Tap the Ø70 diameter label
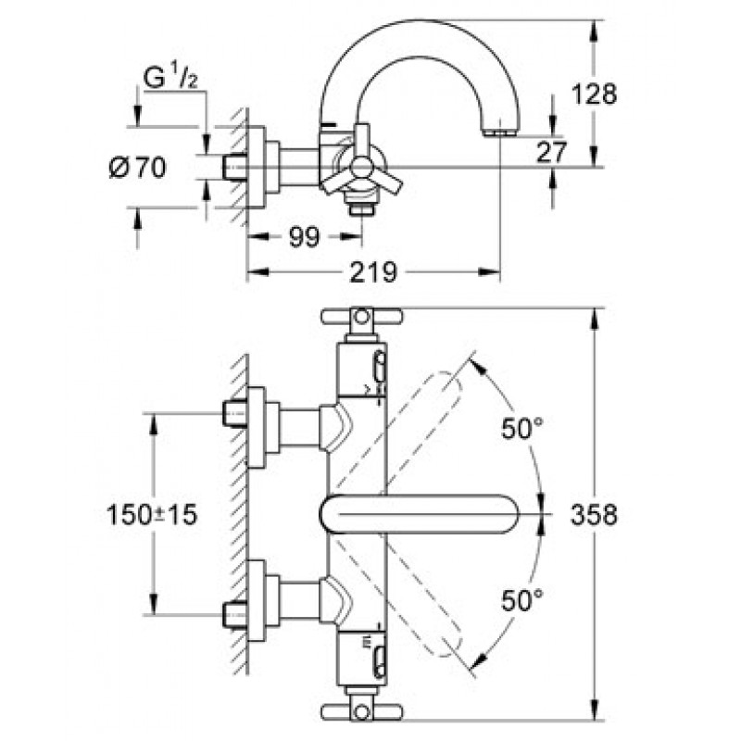[x=136, y=169]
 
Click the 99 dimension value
[x=303, y=237]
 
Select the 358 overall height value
[x=594, y=515]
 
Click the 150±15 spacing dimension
[x=151, y=515]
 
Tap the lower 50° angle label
[x=521, y=600]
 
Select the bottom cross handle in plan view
[x=361, y=710]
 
